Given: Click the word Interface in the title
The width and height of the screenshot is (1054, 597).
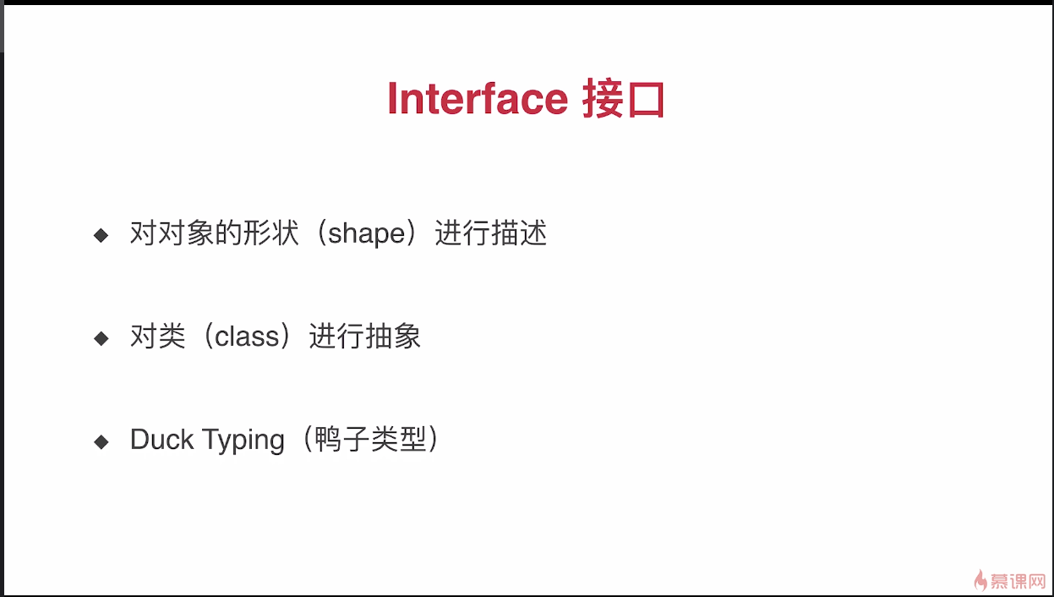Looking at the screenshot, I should (478, 99).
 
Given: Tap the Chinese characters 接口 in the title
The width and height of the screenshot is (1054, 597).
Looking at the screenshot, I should (624, 100).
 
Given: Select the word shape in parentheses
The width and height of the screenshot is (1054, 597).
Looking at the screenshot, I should (367, 233).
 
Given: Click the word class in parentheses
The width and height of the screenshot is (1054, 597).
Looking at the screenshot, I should (247, 337).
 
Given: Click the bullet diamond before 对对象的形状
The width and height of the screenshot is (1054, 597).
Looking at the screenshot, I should (101, 234).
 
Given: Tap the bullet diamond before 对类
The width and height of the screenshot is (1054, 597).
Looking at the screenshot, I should (101, 338).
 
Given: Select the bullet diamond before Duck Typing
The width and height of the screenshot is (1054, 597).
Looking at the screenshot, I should (101, 441).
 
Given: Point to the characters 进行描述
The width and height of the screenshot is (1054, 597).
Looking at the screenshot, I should (491, 233).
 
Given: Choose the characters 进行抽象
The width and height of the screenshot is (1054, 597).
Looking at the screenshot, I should (365, 337).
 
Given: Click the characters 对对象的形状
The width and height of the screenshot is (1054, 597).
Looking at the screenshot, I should (215, 233).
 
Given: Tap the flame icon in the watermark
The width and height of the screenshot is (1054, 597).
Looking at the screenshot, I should (980, 579).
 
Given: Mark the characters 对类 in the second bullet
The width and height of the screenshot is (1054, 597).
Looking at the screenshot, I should (157, 337).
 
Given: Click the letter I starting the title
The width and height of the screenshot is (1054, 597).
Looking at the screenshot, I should (392, 99).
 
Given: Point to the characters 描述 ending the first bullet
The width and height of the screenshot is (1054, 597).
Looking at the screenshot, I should (519, 233).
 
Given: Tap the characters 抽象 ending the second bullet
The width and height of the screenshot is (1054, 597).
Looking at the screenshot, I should (393, 337).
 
